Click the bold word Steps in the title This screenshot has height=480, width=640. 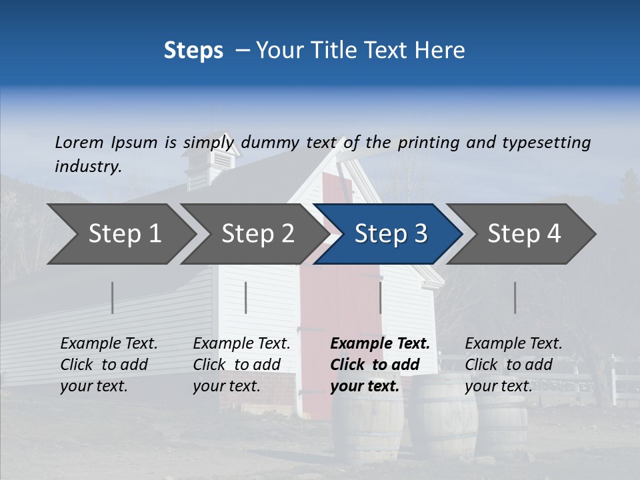(193, 51)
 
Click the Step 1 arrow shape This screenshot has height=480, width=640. (120, 234)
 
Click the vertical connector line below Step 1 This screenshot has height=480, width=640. (112, 297)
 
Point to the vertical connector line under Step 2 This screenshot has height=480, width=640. (246, 297)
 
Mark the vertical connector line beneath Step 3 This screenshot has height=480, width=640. (380, 297)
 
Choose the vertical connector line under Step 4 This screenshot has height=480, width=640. (515, 297)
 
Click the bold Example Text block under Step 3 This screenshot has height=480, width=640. (379, 365)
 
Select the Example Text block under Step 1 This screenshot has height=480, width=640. (109, 365)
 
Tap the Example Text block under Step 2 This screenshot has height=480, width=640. (241, 365)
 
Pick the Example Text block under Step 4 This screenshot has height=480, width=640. (513, 365)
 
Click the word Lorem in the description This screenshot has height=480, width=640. (79, 143)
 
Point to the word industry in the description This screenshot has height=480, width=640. (88, 167)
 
